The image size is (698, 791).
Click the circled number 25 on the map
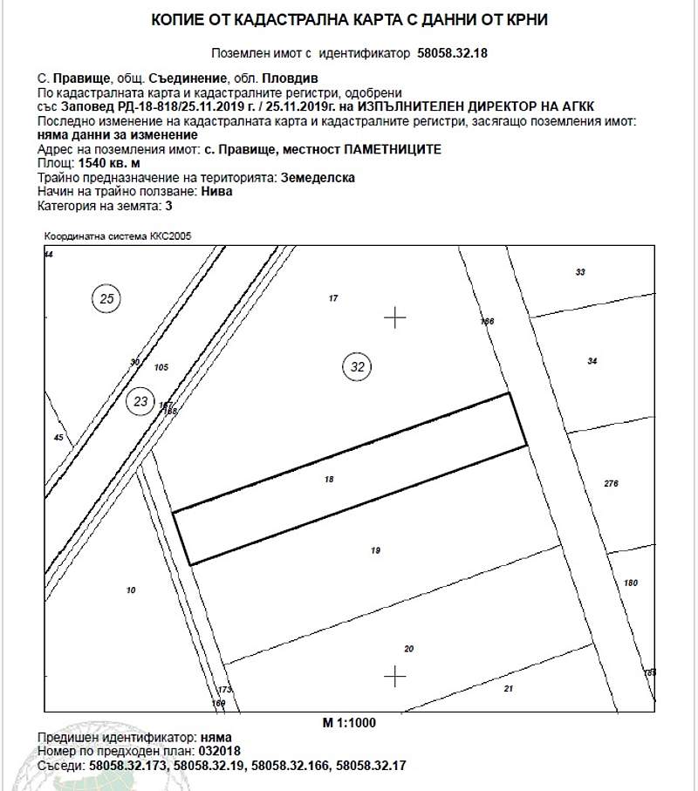pos(107,300)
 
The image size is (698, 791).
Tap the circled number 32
pos(357,366)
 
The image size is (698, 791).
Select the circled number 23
pos(140,402)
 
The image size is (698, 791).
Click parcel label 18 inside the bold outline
pos(329,479)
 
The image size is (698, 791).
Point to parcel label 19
pos(375,550)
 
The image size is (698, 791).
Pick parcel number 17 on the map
pos(332,298)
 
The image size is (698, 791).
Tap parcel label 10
pos(131,590)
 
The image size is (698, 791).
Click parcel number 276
pos(611,483)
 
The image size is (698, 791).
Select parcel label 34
pos(592,360)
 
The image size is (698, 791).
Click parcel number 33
pos(580,273)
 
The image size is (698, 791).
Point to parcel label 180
pos(632,583)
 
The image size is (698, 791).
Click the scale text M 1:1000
pos(348,723)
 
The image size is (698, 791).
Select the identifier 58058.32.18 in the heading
pos(453,53)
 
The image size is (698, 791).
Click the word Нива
pos(216,191)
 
